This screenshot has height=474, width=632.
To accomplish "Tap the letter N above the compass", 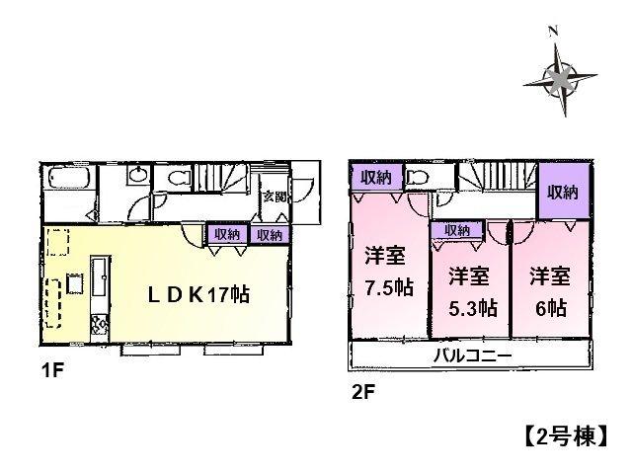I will pos(554,32).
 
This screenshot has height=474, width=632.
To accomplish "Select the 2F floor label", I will pos(361,392).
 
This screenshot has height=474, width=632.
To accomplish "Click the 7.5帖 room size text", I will pos(386,287).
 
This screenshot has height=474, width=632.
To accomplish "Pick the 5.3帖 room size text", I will pos(468,307).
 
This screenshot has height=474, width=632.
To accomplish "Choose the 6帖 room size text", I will pos(549,307).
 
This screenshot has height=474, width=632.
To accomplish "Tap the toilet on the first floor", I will pos(179,178).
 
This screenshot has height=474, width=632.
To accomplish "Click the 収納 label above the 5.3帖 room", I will pos(457,231).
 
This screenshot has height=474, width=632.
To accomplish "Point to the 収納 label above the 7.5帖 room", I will pos(374,178).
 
